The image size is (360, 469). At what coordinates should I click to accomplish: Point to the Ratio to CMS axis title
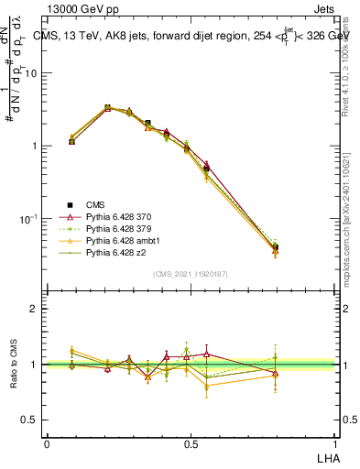[16, 365]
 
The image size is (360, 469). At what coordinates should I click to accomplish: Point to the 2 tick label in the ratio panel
[37, 310]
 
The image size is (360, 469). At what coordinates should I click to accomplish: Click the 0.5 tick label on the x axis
[190, 442]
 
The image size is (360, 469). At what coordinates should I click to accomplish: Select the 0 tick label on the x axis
[47, 442]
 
